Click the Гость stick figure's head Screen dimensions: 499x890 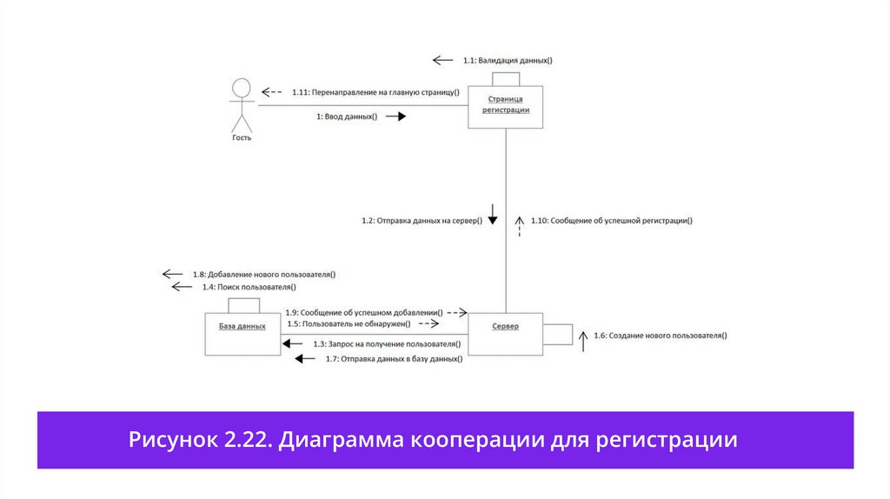pyautogui.click(x=242, y=88)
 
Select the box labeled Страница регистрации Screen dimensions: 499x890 pyautogui.click(x=506, y=107)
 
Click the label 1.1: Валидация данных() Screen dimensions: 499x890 pyautogui.click(x=508, y=61)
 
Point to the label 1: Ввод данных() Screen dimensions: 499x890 pyautogui.click(x=347, y=116)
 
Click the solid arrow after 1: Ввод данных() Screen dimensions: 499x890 pyautogui.click(x=395, y=116)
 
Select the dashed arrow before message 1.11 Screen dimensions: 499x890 pyautogui.click(x=272, y=91)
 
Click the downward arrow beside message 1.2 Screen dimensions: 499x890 pyautogui.click(x=491, y=214)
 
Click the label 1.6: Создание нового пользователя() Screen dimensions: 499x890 pyautogui.click(x=660, y=335)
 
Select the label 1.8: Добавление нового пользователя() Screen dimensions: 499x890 pyautogui.click(x=264, y=274)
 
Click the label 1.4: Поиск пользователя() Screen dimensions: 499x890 pyautogui.click(x=249, y=287)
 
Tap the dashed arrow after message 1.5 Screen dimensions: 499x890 pyautogui.click(x=428, y=323)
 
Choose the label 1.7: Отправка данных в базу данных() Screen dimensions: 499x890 pyautogui.click(x=394, y=358)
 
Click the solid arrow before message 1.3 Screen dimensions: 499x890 pyautogui.click(x=292, y=344)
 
